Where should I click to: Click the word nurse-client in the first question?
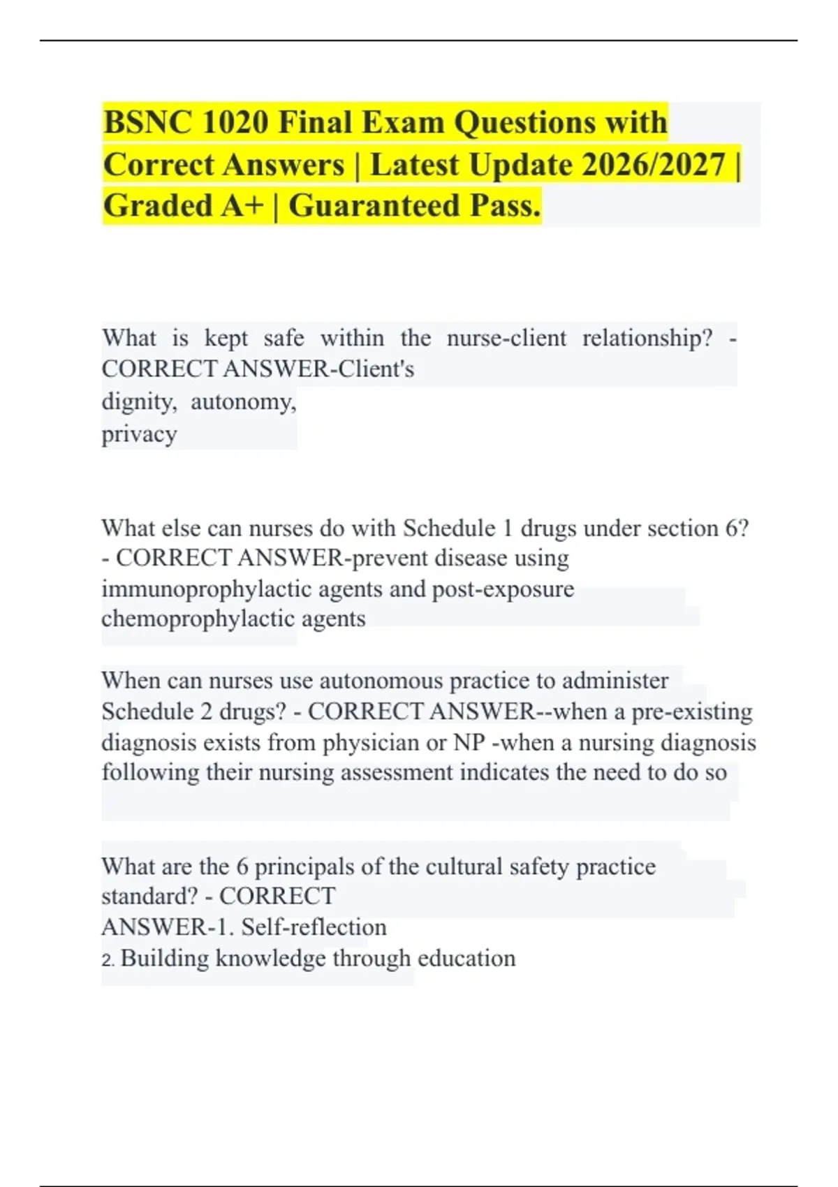(x=506, y=339)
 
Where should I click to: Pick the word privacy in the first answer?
(x=139, y=434)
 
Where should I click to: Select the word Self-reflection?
(x=314, y=927)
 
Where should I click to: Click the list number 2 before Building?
(x=107, y=961)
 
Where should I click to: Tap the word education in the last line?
(x=466, y=959)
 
